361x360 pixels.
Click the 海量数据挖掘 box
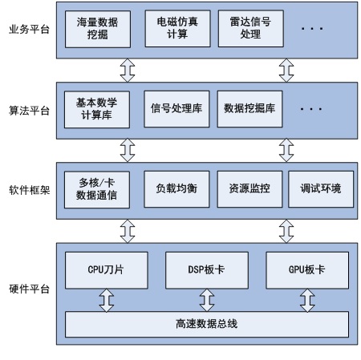tap(98, 29)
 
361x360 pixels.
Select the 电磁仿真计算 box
tap(177, 29)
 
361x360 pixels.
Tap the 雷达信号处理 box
tap(251, 29)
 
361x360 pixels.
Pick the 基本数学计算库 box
tap(97, 110)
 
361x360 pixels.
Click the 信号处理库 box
tap(176, 109)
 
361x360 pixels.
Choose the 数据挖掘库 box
tap(249, 109)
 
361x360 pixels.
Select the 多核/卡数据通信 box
tap(97, 190)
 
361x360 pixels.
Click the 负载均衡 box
tap(176, 189)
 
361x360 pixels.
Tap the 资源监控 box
tap(249, 189)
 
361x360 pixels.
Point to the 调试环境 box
tap(321, 189)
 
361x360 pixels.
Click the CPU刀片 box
tap(107, 270)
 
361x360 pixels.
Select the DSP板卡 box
tap(207, 270)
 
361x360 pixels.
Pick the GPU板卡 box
tap(307, 270)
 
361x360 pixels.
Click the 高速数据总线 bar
tap(207, 324)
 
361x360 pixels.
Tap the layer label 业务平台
tap(29, 30)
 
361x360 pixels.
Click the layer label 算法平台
tap(29, 111)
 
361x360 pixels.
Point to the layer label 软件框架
tap(29, 190)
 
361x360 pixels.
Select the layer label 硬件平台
tap(29, 289)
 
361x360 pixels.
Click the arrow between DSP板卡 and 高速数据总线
tap(207, 300)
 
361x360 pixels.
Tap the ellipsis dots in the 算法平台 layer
tap(311, 109)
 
